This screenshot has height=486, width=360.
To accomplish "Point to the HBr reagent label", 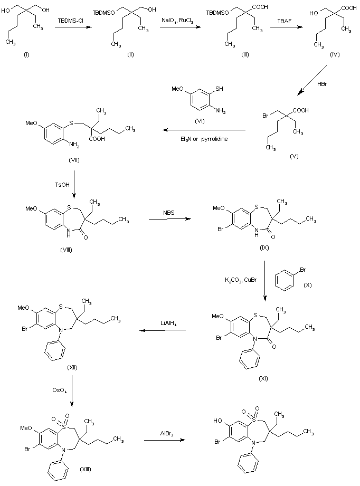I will [x=322, y=84].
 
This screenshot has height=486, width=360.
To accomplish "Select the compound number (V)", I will [x=294, y=157].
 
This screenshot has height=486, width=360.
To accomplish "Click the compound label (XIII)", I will [x=84, y=469].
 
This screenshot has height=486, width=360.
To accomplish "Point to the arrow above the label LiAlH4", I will [x=162, y=331].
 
